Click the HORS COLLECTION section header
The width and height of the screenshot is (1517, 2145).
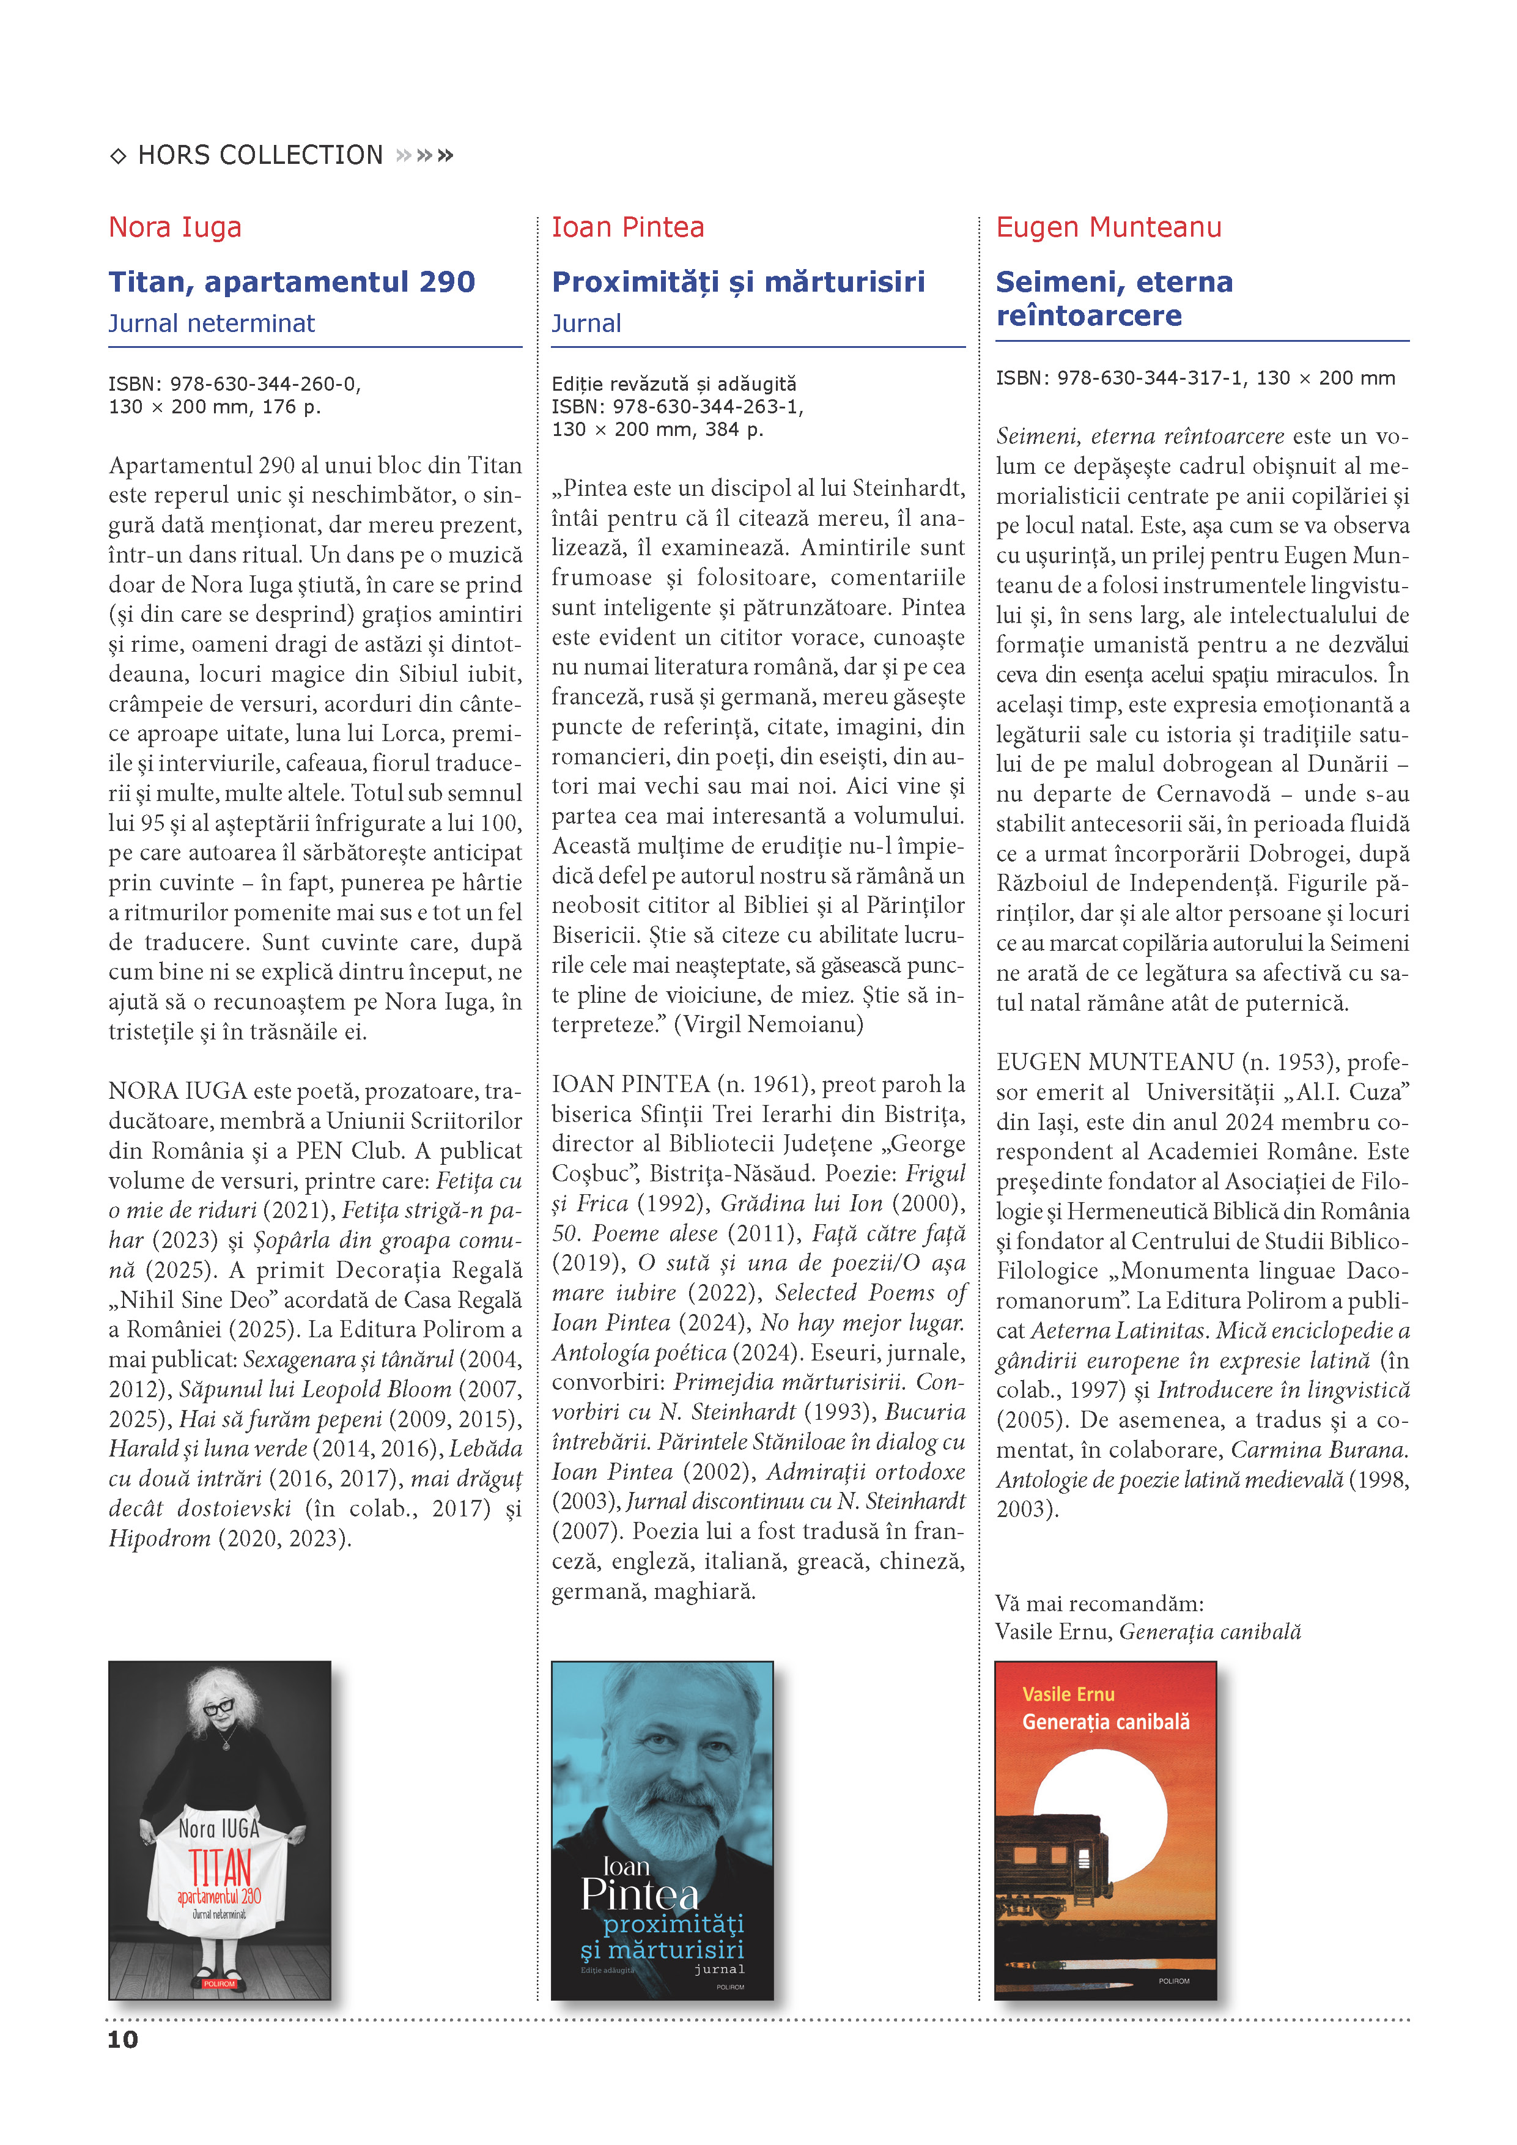[260, 155]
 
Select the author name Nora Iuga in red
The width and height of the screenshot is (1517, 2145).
[175, 227]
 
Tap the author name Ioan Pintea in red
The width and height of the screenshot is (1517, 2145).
[628, 227]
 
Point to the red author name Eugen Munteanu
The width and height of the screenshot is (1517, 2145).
[1108, 227]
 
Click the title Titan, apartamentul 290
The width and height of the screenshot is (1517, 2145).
[292, 281]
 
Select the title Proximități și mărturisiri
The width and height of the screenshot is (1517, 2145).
[738, 281]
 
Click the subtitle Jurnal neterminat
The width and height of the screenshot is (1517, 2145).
[211, 323]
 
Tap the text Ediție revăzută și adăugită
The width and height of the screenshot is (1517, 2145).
[673, 383]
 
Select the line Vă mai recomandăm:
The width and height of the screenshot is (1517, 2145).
[1099, 1604]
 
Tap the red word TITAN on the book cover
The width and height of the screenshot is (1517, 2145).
[221, 1869]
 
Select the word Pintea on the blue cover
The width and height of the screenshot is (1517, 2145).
[640, 1895]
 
